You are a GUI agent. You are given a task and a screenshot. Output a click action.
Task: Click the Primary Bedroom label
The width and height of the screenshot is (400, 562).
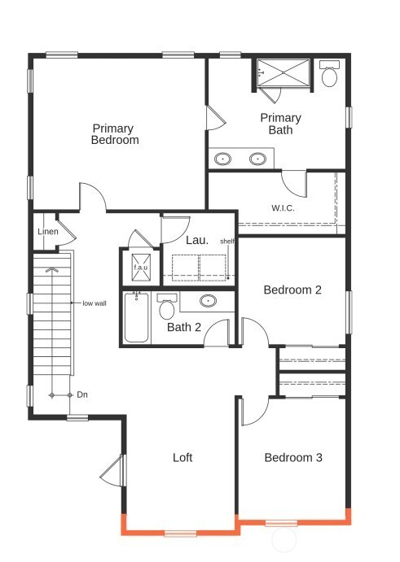pyautogui.click(x=115, y=134)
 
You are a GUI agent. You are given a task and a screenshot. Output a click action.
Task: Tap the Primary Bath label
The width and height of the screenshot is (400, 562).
pyautogui.click(x=280, y=124)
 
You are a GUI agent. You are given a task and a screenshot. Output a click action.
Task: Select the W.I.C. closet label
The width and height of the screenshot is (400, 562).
pyautogui.click(x=283, y=207)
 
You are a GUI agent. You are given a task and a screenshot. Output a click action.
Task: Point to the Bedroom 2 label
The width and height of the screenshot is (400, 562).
pyautogui.click(x=292, y=290)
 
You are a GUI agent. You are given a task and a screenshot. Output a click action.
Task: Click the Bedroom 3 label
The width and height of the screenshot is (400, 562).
pyautogui.click(x=293, y=458)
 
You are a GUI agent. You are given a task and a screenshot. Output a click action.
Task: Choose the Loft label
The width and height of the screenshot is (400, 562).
pyautogui.click(x=182, y=458)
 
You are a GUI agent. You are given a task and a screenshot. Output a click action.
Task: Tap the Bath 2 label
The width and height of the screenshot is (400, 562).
pyautogui.click(x=184, y=328)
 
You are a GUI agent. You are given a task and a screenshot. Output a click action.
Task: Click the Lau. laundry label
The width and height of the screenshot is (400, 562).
pyautogui.click(x=197, y=240)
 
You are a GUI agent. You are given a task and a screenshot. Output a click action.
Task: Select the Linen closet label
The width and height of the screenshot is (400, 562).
pyautogui.click(x=47, y=232)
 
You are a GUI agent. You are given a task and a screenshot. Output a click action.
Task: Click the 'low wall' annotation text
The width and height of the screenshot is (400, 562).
pyautogui.click(x=94, y=303)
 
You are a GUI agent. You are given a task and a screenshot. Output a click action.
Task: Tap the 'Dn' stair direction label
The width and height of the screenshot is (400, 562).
pyautogui.click(x=82, y=394)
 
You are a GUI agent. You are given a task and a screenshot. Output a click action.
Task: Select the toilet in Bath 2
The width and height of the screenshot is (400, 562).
pyautogui.click(x=167, y=307)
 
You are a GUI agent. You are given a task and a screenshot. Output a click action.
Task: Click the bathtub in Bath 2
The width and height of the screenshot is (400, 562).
pyautogui.click(x=136, y=317)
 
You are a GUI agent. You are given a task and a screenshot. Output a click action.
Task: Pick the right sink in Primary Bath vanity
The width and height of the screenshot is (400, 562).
pyautogui.click(x=258, y=159)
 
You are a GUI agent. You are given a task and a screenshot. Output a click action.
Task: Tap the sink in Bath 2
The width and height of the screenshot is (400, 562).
pyautogui.click(x=209, y=302)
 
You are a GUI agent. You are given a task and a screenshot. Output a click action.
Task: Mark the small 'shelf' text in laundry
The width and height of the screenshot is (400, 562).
pyautogui.click(x=227, y=241)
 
